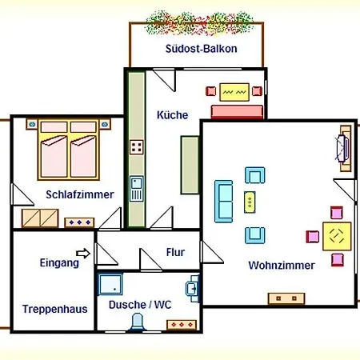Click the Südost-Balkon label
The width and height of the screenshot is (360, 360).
[202, 49]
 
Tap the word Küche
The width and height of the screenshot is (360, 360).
[172, 115]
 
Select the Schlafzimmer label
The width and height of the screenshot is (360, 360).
[80, 194]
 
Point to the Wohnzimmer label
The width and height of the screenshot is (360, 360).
[282, 266]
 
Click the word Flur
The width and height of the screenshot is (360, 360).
[175, 252]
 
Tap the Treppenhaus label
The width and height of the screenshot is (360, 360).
[55, 309]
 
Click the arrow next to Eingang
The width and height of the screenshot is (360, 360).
[83, 254]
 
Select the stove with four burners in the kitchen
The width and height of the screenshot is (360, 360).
[137, 147]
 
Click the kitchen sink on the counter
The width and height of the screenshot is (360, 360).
[137, 189]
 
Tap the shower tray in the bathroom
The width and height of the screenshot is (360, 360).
[110, 284]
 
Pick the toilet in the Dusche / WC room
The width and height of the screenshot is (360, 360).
[137, 322]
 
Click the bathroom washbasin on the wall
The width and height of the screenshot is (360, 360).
[193, 289]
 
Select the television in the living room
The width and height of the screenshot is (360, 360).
[342, 148]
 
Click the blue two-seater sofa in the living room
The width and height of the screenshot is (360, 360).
[224, 202]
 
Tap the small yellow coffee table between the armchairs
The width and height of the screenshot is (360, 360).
[250, 202]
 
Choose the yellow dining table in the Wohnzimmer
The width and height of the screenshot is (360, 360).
[337, 236]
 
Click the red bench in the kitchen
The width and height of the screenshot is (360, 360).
[237, 111]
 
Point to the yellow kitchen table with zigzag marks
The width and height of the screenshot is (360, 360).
[234, 92]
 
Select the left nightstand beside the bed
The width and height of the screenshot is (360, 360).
[32, 124]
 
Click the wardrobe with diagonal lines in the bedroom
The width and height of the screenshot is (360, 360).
[40, 218]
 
